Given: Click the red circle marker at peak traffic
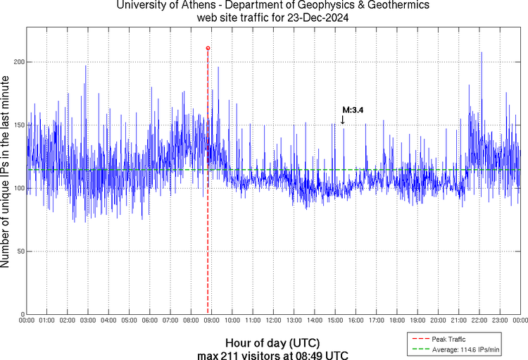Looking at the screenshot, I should click(208, 48).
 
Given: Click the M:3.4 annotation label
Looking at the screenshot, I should click(352, 109).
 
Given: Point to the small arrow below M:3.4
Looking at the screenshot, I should click(343, 120).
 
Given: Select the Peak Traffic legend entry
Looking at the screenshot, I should click(446, 339).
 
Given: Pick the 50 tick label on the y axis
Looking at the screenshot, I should click(19, 251).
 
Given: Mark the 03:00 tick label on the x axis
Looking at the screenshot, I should click(88, 321).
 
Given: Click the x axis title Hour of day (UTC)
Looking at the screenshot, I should click(272, 342).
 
